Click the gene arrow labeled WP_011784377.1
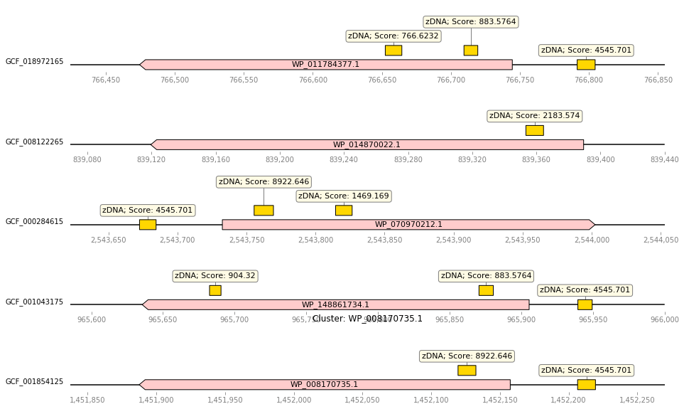[326, 65]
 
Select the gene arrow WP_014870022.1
[367, 144]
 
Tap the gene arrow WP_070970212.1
[408, 225]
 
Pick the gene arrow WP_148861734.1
[336, 304]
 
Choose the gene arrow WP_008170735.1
[325, 385]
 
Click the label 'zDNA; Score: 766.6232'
[393, 36]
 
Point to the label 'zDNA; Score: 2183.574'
[534, 116]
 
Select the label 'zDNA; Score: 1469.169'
[344, 196]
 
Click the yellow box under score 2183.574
[534, 130]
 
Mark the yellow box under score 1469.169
[344, 211]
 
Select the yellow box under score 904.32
[215, 290]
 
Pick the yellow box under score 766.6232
[393, 51]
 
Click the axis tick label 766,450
[106, 80]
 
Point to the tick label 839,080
[87, 159]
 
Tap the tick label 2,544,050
[661, 240]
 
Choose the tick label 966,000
[666, 319]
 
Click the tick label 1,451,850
[87, 400]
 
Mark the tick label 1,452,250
[637, 400]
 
